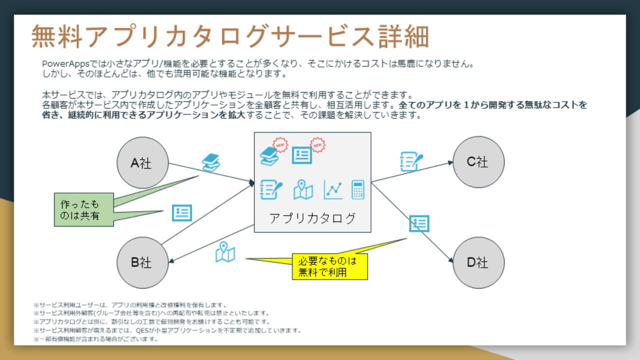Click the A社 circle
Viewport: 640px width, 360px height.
142,162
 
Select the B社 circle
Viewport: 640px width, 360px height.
142,262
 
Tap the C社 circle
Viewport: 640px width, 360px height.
478,161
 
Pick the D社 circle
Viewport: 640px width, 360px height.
478,262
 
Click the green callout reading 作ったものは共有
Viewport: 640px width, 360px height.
80,210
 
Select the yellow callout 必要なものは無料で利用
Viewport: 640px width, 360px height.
329,266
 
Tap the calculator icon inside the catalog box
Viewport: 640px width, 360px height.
357,189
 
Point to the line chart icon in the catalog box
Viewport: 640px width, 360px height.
333,189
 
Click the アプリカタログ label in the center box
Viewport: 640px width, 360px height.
312,218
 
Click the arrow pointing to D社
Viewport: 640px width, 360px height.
412,223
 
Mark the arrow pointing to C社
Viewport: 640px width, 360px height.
412,171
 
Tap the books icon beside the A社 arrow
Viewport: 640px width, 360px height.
211,162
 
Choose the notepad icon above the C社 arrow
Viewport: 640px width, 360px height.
411,161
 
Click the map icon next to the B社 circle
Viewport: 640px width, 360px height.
225,252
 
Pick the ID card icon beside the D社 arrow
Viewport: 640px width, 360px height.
419,223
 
